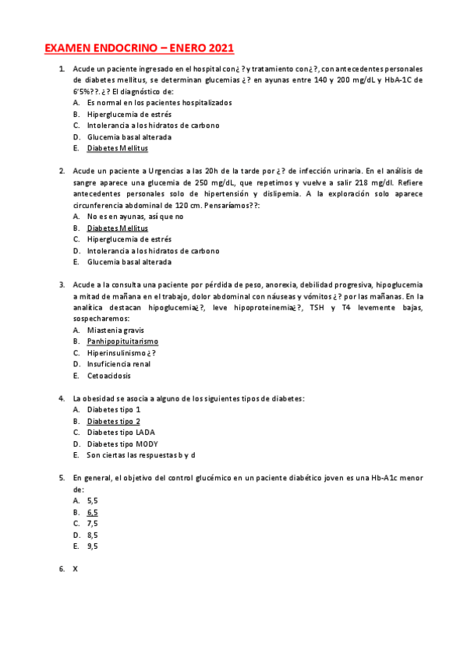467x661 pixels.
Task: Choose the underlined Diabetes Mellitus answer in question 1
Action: point(117,148)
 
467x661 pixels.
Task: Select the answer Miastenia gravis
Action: point(115,330)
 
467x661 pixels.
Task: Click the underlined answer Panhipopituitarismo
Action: point(122,341)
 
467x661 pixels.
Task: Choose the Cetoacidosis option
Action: point(109,376)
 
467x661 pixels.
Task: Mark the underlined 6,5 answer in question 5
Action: point(93,512)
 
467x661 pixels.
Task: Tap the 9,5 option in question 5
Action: point(93,546)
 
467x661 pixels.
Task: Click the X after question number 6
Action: point(76,569)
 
